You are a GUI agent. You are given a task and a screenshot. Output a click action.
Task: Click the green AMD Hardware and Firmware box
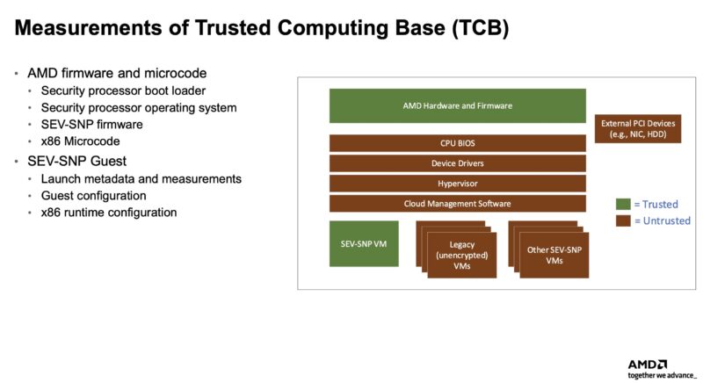click(457, 105)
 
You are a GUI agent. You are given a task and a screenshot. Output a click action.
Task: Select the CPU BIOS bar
click(457, 142)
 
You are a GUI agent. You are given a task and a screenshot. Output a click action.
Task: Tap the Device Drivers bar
click(457, 163)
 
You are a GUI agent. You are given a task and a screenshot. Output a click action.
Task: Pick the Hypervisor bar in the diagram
click(457, 183)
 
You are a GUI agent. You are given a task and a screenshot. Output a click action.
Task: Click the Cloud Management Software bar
click(457, 204)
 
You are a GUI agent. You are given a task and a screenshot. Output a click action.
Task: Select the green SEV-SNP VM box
click(363, 243)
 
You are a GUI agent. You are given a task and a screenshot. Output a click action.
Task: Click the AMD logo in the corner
click(648, 364)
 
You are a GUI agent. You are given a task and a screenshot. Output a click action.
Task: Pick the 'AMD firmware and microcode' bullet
click(116, 72)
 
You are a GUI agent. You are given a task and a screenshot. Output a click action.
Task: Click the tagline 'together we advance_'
click(661, 375)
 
